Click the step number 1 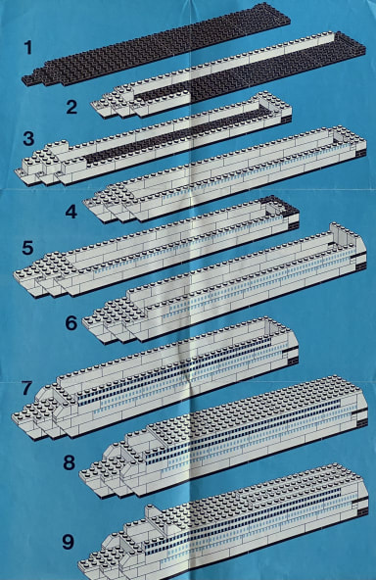click(28, 48)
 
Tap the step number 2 click(71, 107)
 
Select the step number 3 click(28, 139)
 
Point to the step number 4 click(70, 212)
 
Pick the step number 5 click(27, 248)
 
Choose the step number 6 click(70, 323)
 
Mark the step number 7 click(27, 388)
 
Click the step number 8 click(70, 462)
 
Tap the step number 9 click(68, 542)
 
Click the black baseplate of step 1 click(157, 44)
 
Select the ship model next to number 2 click(229, 75)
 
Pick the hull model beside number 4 click(225, 175)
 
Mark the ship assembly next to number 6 click(223, 283)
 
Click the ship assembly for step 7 click(156, 377)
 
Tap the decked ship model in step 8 click(223, 437)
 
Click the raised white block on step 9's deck click(153, 515)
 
